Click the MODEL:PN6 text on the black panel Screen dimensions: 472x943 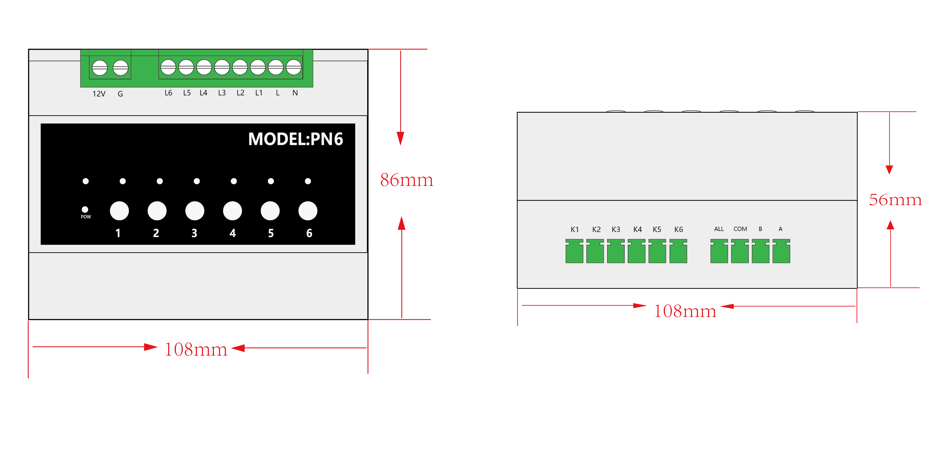pyautogui.click(x=295, y=139)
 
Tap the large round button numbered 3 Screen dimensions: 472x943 pyautogui.click(x=195, y=211)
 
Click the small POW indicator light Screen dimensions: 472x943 pyautogui.click(x=85, y=209)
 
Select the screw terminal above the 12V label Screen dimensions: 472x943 pyautogui.click(x=100, y=68)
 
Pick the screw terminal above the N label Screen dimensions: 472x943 pyautogui.click(x=293, y=67)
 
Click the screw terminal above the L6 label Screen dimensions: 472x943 pyautogui.click(x=168, y=67)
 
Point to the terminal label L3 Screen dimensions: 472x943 pyautogui.click(x=222, y=93)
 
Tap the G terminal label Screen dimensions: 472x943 pyautogui.click(x=120, y=94)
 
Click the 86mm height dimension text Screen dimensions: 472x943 pyautogui.click(x=406, y=180)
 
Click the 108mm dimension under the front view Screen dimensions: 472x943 pyautogui.click(x=196, y=349)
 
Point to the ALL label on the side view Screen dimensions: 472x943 pyautogui.click(x=719, y=229)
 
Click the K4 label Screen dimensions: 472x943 pyautogui.click(x=637, y=229)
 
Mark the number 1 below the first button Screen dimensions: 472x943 pyautogui.click(x=118, y=233)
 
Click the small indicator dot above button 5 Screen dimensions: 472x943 pyautogui.click(x=271, y=181)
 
